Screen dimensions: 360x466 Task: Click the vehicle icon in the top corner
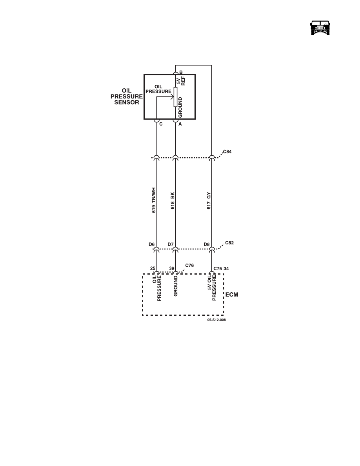320,28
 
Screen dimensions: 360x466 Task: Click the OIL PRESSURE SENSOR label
127,96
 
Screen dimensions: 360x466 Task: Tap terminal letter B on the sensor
181,72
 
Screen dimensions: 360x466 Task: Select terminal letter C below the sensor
161,124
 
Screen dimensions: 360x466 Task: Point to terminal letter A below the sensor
180,124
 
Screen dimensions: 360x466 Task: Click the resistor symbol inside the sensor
176,97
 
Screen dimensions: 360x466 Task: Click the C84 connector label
227,151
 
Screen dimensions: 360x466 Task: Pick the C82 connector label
229,243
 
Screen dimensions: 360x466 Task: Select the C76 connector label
189,266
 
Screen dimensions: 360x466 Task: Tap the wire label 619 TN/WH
154,200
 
